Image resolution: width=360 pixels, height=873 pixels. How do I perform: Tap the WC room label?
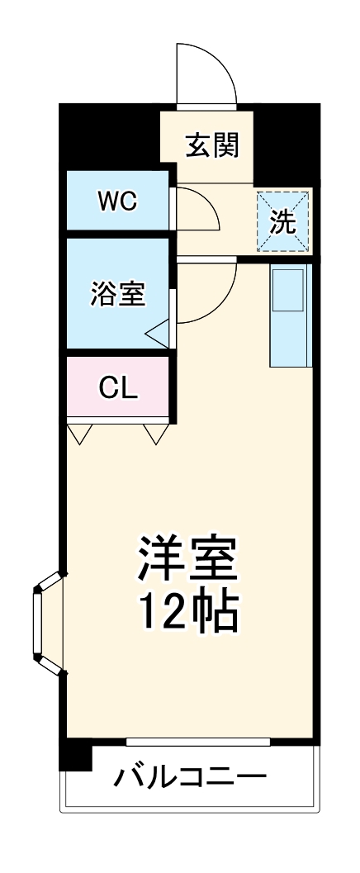tap(116, 202)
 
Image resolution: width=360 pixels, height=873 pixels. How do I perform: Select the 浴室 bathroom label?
tap(118, 293)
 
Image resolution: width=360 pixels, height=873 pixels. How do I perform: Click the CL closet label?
tap(117, 388)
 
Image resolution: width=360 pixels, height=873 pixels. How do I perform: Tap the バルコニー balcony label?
tap(190, 776)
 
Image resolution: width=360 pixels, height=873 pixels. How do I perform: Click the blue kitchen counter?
tap(291, 316)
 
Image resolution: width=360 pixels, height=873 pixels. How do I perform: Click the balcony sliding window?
tap(197, 742)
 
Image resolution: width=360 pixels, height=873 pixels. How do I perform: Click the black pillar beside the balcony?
tap(76, 755)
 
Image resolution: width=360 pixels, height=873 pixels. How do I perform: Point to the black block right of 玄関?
tap(287, 145)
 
